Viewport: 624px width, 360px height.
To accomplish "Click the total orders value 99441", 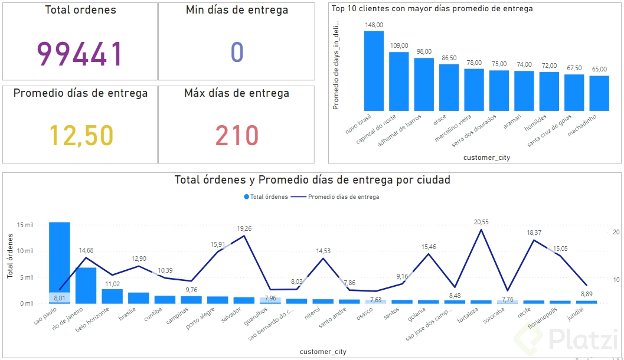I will (80, 53).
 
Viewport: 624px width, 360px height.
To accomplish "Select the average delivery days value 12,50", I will (80, 135).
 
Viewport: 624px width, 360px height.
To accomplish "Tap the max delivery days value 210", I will (237, 135).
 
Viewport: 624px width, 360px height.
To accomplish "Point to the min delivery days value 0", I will (237, 53).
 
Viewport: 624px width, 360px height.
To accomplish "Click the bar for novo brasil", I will (374, 71).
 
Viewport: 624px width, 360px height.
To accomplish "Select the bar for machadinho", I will (599, 93).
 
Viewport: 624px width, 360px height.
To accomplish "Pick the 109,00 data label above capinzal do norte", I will (399, 45).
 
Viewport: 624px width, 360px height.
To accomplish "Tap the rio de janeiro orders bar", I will (86, 285).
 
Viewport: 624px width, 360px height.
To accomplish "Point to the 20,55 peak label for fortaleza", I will (482, 222).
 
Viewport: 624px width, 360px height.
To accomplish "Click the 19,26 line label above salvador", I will (244, 228).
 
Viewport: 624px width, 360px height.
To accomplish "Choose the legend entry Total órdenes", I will (265, 197).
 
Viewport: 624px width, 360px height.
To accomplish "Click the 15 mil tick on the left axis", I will (25, 225).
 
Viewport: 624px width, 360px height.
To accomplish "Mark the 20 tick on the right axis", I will (616, 232).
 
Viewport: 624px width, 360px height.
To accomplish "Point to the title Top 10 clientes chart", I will (432, 9).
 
